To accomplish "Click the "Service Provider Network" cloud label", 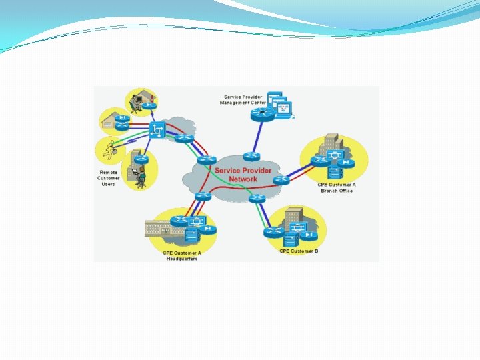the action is (243, 175).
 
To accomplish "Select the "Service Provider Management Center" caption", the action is (243, 100).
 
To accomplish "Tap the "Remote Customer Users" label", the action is (109, 178).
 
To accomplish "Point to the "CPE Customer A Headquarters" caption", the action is (182, 255).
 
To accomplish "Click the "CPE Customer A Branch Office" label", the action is (337, 187).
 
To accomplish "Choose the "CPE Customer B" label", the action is (299, 251).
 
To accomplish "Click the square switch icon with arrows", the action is (158, 130).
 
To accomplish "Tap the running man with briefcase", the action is (109, 150).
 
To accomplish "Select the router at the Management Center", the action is (259, 115).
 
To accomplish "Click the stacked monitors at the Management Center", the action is (279, 104).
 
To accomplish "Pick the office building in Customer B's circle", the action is (294, 221).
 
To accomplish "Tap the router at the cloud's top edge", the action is (251, 156).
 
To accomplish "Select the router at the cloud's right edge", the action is (281, 179).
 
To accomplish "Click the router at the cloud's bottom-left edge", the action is (202, 195).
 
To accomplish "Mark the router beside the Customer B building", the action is (273, 232).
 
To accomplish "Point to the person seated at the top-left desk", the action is (137, 99).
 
